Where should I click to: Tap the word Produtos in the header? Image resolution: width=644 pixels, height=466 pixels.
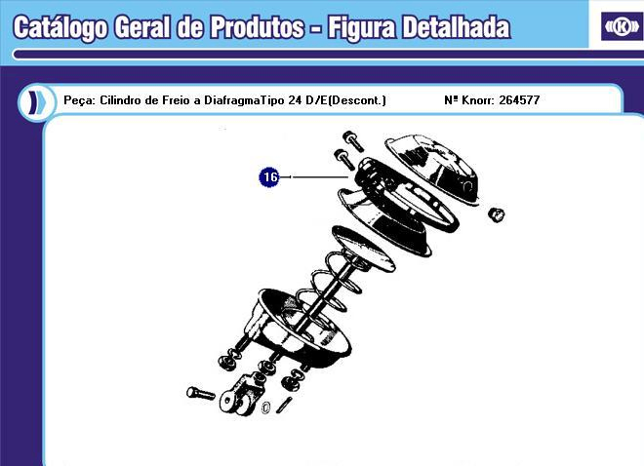click(x=256, y=26)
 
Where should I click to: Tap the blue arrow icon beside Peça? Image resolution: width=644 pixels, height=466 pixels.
click(x=35, y=100)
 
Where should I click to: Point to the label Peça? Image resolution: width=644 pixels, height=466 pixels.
click(x=78, y=100)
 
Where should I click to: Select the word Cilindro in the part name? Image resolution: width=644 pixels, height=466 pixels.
click(x=122, y=100)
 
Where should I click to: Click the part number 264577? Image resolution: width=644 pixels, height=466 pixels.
click(x=520, y=100)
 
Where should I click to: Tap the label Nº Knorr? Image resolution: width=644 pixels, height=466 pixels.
click(x=468, y=100)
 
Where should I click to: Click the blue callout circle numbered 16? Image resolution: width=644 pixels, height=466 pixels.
click(x=269, y=176)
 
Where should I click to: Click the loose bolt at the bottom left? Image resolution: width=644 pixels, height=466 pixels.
click(x=200, y=393)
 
